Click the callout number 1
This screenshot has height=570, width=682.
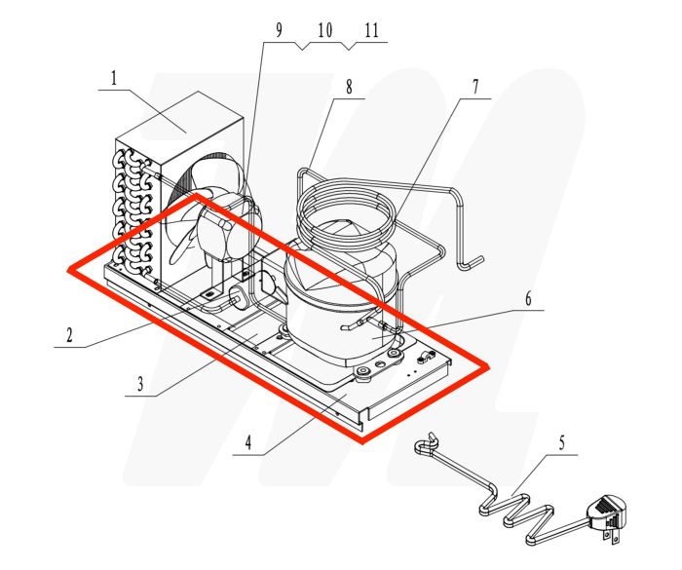(x=113, y=78)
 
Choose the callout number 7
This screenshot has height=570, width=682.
(x=475, y=86)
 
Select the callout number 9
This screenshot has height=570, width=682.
(x=279, y=31)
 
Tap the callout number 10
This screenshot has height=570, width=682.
(x=324, y=31)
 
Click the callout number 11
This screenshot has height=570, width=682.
(x=371, y=31)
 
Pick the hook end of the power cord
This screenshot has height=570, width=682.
(x=422, y=445)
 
